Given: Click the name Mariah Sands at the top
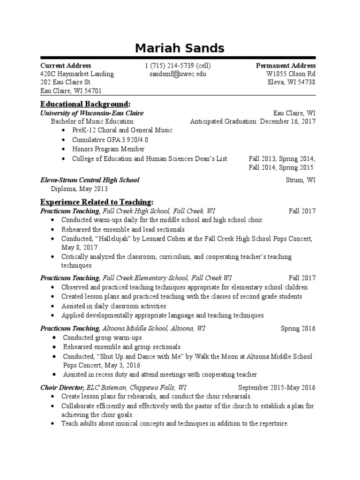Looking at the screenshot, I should click(180, 48).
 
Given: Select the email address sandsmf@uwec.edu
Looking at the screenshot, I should click(178, 74).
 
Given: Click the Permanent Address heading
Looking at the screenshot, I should click(285, 66).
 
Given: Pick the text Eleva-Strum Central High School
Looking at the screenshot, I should click(90, 180).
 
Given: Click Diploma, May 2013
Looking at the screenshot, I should click(79, 189).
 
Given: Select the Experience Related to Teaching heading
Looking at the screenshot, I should click(97, 202).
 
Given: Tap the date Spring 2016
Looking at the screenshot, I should click(298, 329).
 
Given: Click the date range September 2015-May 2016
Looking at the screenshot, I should click(277, 388).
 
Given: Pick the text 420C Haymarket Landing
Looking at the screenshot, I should click(77, 74).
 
